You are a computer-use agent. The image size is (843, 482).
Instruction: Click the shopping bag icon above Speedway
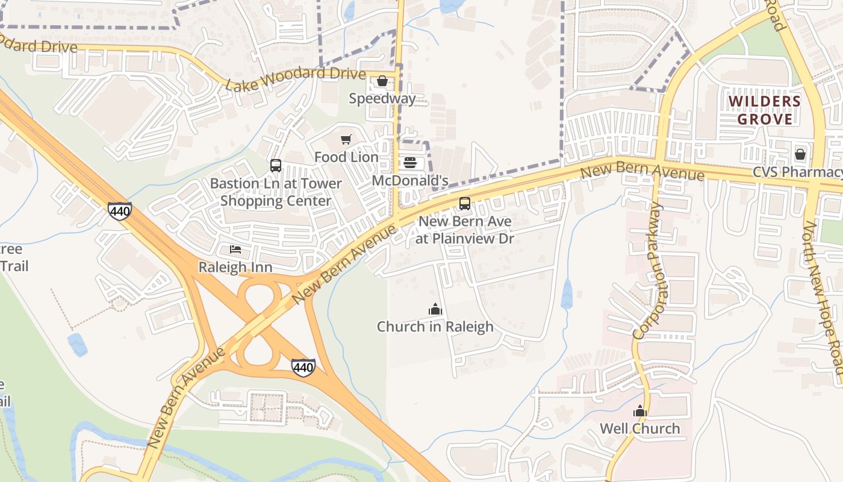tap(382, 81)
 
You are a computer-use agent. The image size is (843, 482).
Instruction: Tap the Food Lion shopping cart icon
tap(346, 140)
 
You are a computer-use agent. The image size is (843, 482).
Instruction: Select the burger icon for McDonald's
tap(410, 163)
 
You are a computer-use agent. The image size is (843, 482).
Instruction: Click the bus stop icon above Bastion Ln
tap(276, 166)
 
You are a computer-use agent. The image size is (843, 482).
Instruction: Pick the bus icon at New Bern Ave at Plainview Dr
tap(465, 204)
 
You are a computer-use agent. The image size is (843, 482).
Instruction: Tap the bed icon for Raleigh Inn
tap(235, 249)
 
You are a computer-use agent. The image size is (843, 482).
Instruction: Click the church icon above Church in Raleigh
tap(435, 310)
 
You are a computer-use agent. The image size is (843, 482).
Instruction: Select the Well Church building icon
tap(639, 412)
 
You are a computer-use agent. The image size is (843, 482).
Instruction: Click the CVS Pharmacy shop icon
tap(800, 154)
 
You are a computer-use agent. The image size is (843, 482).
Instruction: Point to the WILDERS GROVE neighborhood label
tap(765, 110)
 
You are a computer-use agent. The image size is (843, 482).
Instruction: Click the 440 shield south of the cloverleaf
tap(303, 367)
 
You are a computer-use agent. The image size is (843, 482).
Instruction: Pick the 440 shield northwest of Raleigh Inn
tap(119, 211)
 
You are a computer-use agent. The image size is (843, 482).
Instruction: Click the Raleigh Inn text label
tap(235, 267)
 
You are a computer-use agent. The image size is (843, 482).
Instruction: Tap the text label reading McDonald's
tap(410, 181)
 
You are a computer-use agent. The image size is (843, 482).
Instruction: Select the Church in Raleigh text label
tap(435, 327)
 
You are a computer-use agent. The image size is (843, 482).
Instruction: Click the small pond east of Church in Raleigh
tap(567, 294)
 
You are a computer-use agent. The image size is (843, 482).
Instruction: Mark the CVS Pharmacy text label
tap(797, 172)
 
